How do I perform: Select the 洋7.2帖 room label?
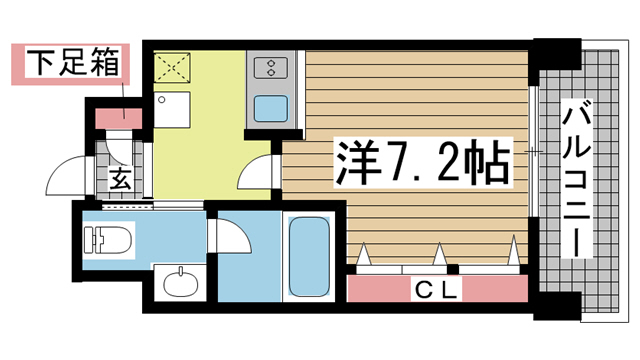[x=419, y=159]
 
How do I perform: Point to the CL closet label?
[x=437, y=291]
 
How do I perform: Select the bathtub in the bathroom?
[x=307, y=256]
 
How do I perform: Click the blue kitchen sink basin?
[x=271, y=106]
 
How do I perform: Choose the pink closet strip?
[x=437, y=291]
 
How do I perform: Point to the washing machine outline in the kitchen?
[x=172, y=109]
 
